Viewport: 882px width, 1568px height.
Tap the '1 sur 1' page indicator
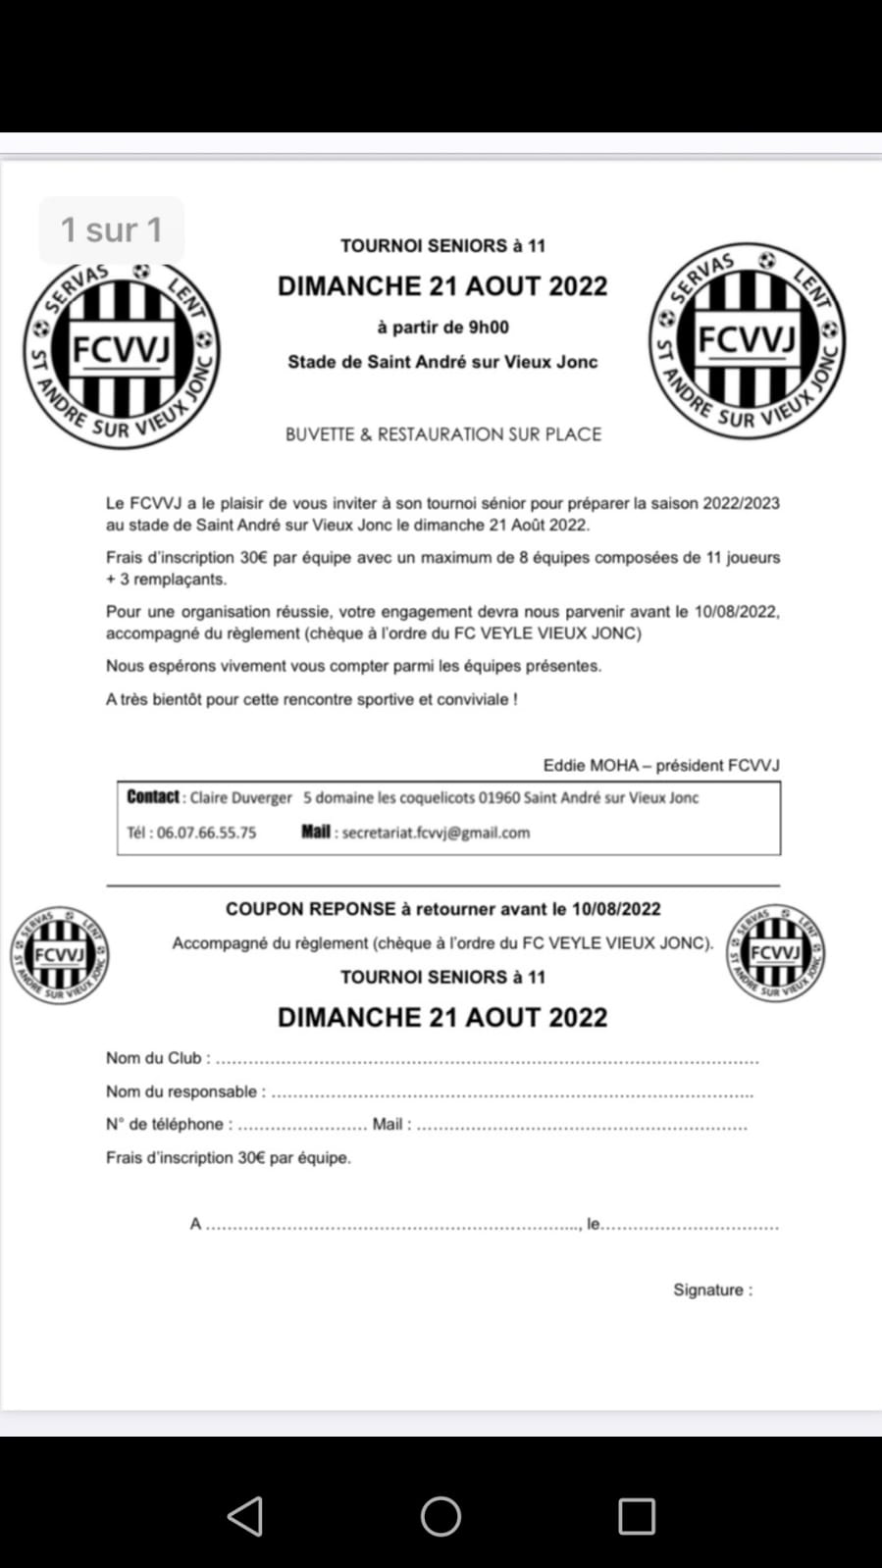pos(111,229)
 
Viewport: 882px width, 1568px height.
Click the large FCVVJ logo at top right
pos(747,340)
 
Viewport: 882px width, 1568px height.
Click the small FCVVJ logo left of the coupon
pos(60,955)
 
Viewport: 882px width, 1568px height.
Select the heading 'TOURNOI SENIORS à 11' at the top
pos(442,246)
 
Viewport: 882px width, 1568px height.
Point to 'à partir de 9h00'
pos(442,328)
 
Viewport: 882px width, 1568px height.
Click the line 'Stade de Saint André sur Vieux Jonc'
pos(442,362)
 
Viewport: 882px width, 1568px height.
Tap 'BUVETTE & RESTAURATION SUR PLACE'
pos(442,434)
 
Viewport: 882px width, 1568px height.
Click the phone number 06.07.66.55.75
pos(206,833)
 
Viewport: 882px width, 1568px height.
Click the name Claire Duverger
pos(240,798)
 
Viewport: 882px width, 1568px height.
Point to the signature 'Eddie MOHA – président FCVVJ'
pos(661,765)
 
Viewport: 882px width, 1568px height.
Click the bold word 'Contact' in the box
pos(153,797)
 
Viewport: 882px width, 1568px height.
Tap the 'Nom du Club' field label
pos(154,1058)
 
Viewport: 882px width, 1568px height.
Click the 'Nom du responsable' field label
pos(182,1091)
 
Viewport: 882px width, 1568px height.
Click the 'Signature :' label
pos(712,1290)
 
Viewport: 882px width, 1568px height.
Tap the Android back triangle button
pos(245,1516)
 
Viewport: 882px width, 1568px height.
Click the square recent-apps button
pos(637,1516)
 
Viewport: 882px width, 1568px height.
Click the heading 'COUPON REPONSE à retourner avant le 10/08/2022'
pos(442,909)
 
